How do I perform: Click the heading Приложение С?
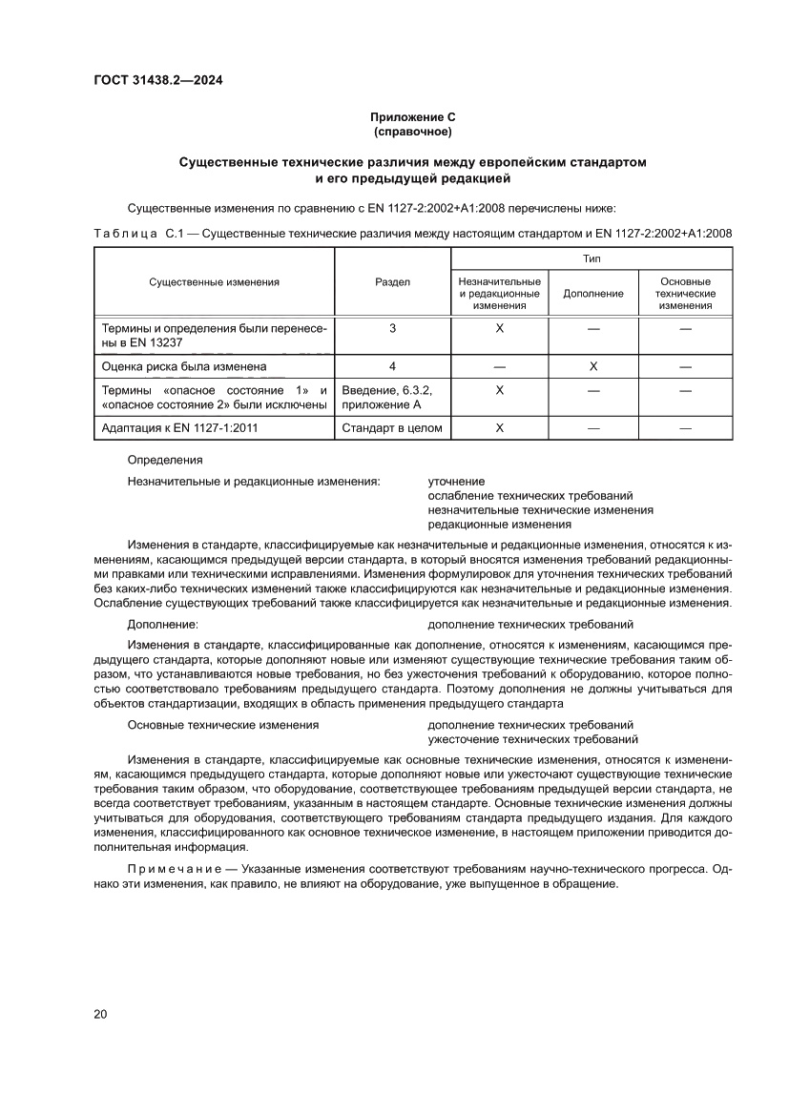point(412,117)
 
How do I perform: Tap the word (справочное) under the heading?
point(412,132)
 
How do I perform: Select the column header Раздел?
point(392,282)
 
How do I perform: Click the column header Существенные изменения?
point(214,282)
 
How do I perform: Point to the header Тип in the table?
point(591,258)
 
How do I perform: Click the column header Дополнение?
point(592,294)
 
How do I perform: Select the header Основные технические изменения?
point(685,294)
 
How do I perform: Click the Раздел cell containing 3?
point(392,328)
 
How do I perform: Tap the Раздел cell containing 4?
point(392,366)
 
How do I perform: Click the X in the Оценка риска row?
point(593,366)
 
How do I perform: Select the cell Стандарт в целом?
point(392,428)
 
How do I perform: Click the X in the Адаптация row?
point(499,428)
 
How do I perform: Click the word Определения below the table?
point(164,460)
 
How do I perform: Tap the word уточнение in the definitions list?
point(456,481)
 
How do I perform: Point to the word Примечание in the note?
point(168,870)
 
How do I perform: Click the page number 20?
point(100,1014)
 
